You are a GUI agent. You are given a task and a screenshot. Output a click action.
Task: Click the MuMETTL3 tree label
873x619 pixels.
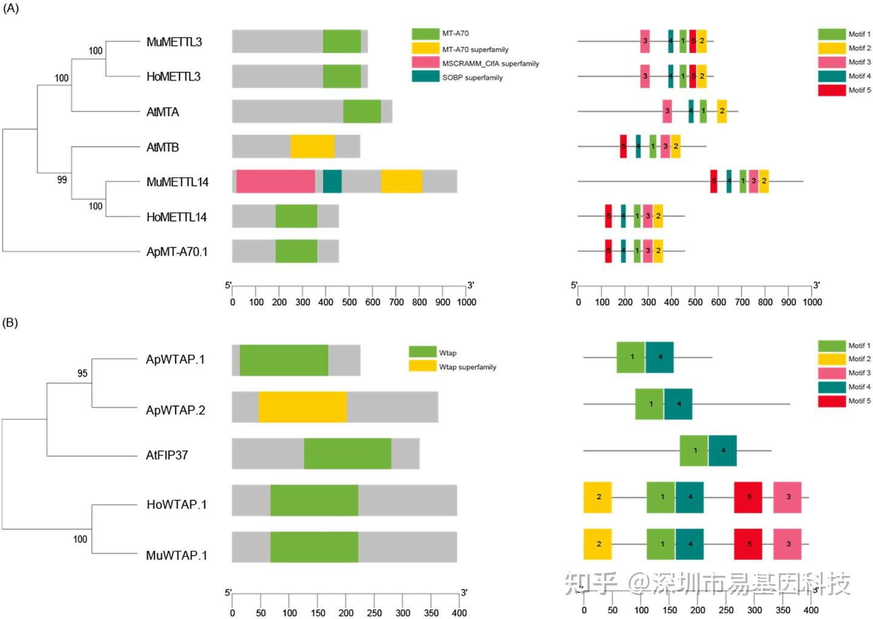174,42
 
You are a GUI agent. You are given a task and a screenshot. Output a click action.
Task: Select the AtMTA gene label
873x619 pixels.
162,112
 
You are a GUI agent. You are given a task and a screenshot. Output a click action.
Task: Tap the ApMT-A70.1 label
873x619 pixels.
176,252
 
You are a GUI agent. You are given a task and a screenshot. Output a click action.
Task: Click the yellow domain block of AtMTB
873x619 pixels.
312,147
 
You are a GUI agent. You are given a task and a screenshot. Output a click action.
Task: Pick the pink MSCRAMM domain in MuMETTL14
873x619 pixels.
275,182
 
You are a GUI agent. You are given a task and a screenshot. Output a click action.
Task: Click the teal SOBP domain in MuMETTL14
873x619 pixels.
332,182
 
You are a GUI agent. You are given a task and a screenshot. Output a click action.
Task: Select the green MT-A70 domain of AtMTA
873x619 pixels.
362,111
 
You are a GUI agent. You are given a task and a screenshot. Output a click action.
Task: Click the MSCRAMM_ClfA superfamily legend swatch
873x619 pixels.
425,63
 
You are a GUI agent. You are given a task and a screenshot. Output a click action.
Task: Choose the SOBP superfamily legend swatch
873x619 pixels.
425,77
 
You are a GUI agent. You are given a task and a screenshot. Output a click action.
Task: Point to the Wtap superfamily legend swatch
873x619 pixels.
423,366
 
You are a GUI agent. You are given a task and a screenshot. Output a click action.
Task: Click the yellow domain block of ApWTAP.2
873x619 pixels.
303,407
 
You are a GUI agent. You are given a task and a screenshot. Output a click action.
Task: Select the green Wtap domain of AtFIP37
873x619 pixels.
347,453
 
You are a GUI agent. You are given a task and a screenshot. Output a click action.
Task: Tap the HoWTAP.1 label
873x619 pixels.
176,505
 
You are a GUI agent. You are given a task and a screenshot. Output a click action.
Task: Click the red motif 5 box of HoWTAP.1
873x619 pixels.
748,497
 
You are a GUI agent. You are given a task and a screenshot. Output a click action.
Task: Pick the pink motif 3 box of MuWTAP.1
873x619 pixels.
788,544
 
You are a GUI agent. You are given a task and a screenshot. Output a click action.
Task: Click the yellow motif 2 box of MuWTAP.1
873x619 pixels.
598,544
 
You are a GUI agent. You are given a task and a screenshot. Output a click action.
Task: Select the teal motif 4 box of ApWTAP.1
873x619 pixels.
660,357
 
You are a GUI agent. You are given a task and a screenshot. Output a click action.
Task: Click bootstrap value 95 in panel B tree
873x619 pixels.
82,374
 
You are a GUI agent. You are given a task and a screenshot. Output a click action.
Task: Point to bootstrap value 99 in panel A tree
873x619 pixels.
62,180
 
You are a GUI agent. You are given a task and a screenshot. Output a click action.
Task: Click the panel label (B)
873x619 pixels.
10,322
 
